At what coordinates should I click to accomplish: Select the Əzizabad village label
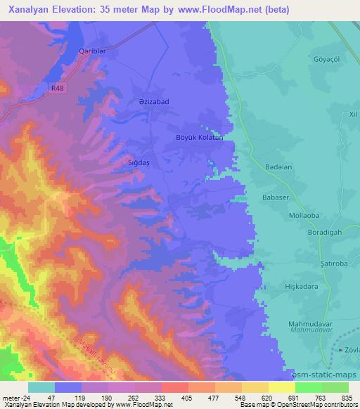tap(150, 102)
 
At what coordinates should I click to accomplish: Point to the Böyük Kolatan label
tap(199, 138)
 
